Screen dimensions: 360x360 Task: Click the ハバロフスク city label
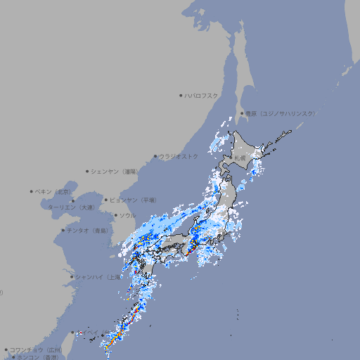[201, 95]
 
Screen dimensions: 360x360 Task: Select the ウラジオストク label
[179, 156]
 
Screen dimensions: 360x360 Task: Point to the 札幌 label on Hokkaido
[240, 158]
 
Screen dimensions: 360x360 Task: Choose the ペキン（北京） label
[53, 191]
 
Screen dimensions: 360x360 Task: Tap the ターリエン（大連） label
[70, 207]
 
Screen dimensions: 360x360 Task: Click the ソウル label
[127, 215]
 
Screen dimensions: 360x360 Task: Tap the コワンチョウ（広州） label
[35, 349]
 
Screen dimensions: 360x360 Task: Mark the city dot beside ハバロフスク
[181, 95]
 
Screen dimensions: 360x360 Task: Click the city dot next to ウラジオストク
[155, 156]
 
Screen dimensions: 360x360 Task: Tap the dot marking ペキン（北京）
[32, 191]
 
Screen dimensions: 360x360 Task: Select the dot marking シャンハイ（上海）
[72, 277]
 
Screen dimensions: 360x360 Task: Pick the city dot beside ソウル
[115, 215]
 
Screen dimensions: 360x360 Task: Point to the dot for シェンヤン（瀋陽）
[87, 171]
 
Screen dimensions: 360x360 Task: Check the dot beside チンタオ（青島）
[63, 230]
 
